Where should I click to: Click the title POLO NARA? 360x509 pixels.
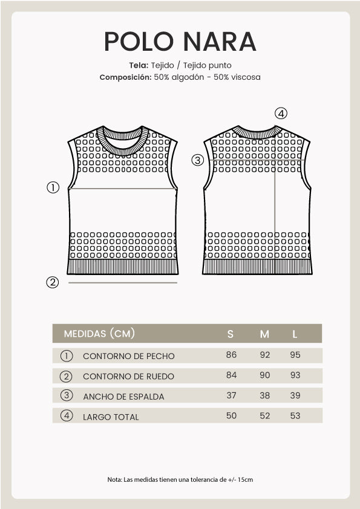click(180, 41)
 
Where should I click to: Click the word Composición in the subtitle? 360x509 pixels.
click(125, 77)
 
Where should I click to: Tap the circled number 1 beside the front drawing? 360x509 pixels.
click(53, 187)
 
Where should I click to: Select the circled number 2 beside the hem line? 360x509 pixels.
click(53, 282)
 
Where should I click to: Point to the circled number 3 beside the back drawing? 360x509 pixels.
click(197, 160)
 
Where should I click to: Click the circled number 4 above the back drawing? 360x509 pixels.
click(281, 113)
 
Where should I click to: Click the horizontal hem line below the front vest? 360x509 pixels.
click(123, 282)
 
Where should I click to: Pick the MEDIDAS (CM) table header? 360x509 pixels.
click(99, 334)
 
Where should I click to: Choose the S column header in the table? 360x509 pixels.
click(231, 334)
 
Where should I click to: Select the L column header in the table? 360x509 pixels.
click(295, 334)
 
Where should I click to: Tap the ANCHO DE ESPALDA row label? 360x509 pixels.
click(123, 397)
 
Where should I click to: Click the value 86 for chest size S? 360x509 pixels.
click(231, 355)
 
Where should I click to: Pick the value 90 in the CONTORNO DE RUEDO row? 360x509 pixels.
click(265, 375)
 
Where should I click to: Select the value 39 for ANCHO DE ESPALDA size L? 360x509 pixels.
click(295, 395)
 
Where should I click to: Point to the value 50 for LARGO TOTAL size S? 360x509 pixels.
click(231, 416)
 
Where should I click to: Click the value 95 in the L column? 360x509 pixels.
click(295, 355)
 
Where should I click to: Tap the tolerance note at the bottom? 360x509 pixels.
click(180, 479)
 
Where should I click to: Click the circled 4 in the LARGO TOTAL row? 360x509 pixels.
click(67, 416)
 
